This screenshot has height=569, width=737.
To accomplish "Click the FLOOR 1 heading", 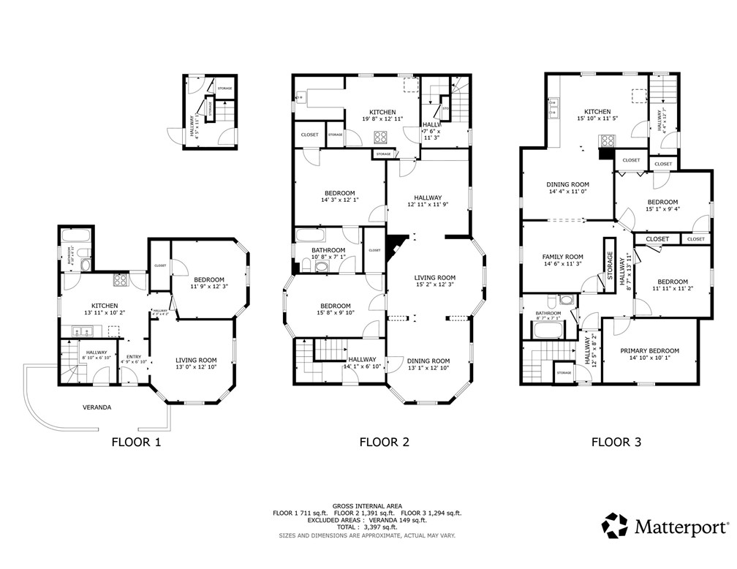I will pos(135,442).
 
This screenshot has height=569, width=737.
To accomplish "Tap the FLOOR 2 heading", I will pos(384,442).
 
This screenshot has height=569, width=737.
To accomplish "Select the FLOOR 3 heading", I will pos(616,442).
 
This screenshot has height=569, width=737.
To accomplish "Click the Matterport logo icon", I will pos(614,525).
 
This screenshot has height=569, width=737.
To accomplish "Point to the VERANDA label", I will pos(97,407).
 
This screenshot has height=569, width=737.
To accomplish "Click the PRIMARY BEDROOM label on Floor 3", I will pos(649,350).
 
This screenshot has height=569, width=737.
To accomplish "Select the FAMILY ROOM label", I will pos(562,257).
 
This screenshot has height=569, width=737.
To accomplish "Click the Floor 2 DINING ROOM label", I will pos(428,361).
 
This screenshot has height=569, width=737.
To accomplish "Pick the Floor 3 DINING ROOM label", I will pos(568,184).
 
